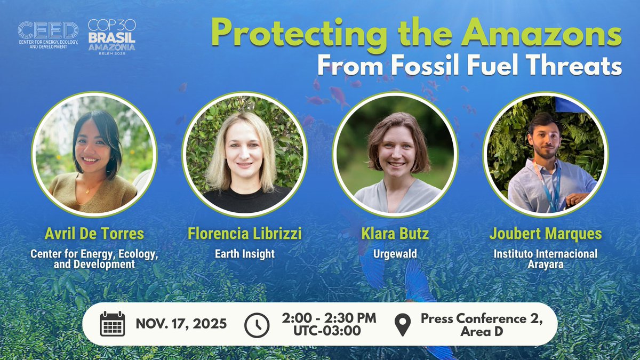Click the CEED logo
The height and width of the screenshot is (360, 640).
[48, 35]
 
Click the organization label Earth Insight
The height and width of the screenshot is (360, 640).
[245, 254]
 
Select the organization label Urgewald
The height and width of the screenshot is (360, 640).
[395, 254]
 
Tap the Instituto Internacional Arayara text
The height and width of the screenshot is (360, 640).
[545, 259]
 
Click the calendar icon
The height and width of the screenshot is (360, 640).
[113, 324]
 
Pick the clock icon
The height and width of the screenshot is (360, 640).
[257, 324]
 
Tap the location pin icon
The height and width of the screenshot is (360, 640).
[402, 324]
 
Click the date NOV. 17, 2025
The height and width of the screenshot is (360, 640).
[181, 324]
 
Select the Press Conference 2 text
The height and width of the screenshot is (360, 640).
[482, 318]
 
